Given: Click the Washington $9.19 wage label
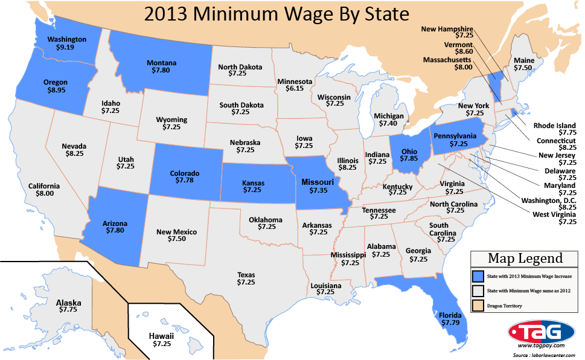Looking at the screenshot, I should click(x=67, y=43).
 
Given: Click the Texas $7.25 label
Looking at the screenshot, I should click(x=246, y=277).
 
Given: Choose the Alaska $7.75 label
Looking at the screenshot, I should click(x=68, y=306).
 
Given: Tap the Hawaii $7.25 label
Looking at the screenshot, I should click(x=161, y=339).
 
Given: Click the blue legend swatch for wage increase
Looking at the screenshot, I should click(x=478, y=276).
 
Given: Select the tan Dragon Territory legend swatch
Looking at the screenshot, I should click(x=478, y=306).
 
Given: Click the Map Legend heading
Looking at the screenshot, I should click(x=525, y=259).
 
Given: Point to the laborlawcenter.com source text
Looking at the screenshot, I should click(x=546, y=356).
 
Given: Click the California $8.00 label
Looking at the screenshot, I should click(x=44, y=190).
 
